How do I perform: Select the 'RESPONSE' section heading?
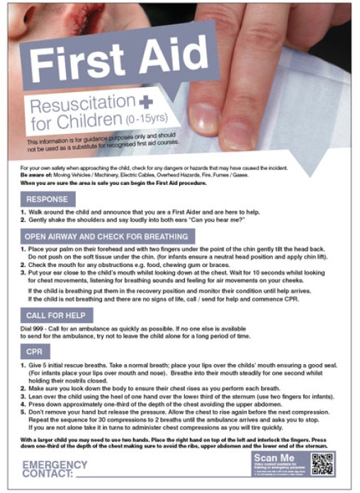pos(47,199)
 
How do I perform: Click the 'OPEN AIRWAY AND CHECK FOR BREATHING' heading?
pos(106,237)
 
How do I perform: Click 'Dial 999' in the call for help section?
pos(34,331)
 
